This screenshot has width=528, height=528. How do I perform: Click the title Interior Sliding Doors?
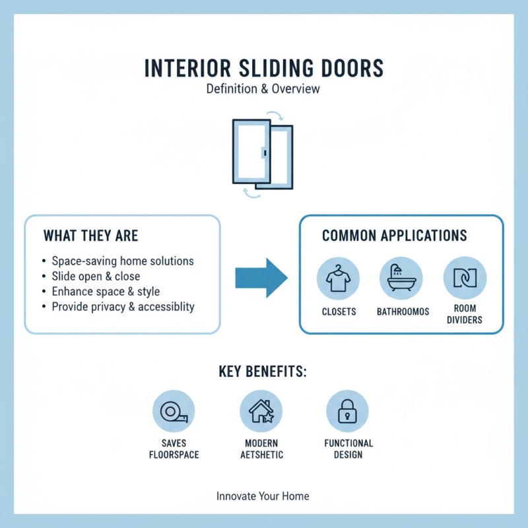pos(263,69)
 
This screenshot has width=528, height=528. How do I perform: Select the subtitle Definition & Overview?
pos(263,88)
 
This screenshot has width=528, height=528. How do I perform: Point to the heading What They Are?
pos(90,236)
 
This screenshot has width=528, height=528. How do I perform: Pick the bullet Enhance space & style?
pos(105,291)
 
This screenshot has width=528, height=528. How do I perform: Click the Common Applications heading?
pos(394,236)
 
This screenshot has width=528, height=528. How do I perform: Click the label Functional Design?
pos(348,449)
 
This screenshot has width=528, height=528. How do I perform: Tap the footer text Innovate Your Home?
pos(263,496)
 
